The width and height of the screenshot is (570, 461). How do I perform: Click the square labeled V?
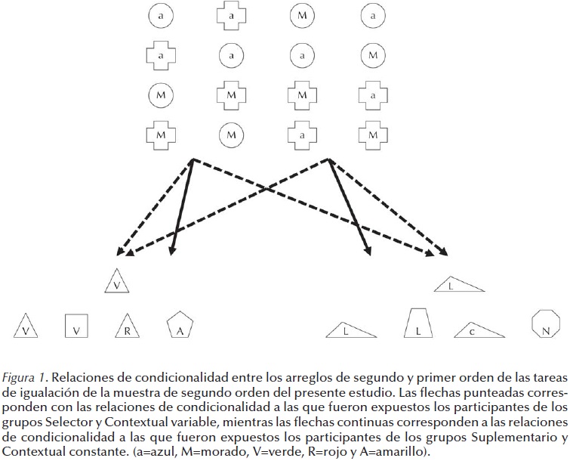76,327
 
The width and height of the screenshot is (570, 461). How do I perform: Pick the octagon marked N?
545,323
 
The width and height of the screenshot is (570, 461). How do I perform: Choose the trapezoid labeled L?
417,323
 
